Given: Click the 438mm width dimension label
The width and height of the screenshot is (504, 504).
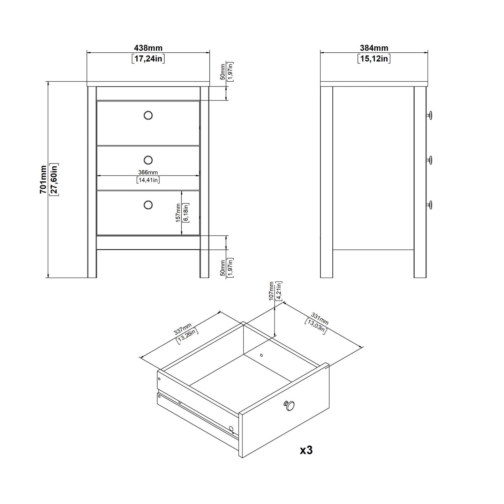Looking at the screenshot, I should [148, 48].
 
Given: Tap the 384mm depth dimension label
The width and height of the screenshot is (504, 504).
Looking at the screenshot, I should [374, 48].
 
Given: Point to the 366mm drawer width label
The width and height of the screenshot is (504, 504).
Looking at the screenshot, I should [148, 172].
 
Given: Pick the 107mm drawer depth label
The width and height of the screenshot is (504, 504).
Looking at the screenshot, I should [271, 291].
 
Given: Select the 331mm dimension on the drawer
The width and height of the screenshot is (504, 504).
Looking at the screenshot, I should [319, 319].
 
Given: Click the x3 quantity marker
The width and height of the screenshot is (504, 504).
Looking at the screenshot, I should [306, 450].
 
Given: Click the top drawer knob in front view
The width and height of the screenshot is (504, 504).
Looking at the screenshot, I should [148, 115].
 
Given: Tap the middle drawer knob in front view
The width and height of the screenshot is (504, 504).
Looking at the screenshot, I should [148, 160].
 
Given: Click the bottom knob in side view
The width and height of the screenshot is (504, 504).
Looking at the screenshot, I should [430, 205].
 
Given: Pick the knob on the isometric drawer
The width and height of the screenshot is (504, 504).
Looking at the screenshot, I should [289, 405].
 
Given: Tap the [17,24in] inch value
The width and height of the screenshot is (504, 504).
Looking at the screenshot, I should [148, 59].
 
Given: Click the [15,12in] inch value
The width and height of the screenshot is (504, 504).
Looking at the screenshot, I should [374, 59].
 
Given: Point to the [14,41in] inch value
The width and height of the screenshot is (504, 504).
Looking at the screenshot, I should [148, 180].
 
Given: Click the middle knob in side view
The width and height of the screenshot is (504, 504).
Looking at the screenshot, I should [430, 160].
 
